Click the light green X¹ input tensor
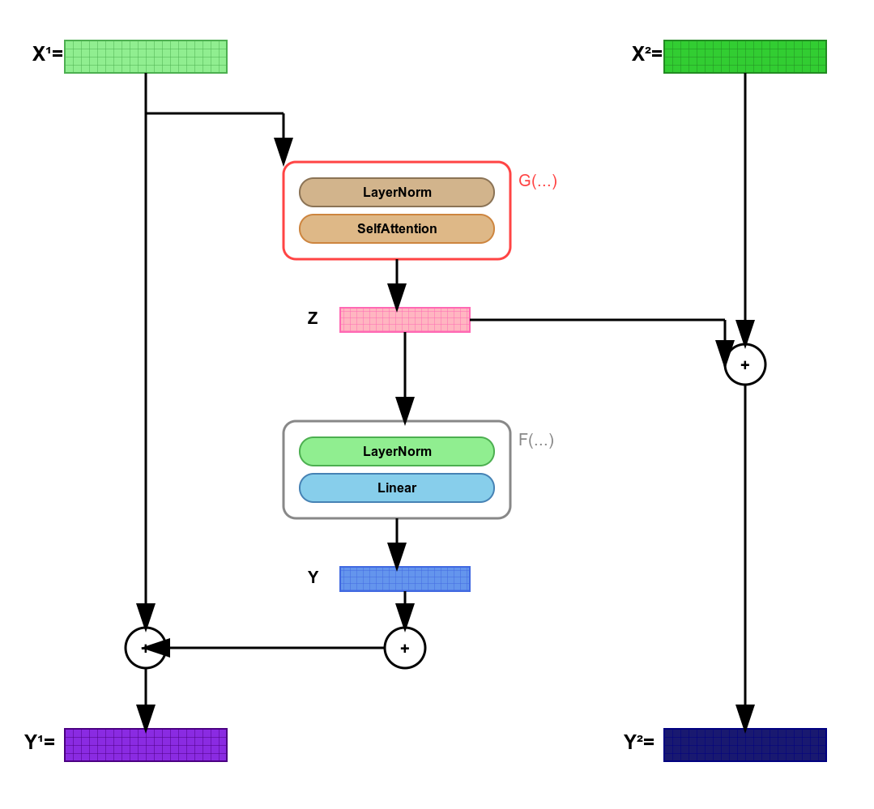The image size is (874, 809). [x=146, y=57]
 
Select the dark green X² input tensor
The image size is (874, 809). [x=745, y=57]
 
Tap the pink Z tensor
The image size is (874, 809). [x=405, y=320]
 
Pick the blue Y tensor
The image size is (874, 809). [x=405, y=579]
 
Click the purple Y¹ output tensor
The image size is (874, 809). [x=146, y=745]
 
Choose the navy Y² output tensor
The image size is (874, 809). [x=745, y=745]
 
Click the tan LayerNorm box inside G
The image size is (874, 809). [x=397, y=193]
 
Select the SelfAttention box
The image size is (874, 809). [x=397, y=229]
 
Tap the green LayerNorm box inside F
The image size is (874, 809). [x=397, y=452]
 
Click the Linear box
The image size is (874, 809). [x=397, y=488]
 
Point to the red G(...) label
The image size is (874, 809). [x=538, y=181]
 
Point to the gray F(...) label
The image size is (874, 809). [x=536, y=441]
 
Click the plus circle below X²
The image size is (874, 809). [x=745, y=364]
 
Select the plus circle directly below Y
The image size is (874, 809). [x=405, y=648]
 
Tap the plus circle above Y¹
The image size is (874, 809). [x=146, y=648]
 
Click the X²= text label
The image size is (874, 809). [x=646, y=54]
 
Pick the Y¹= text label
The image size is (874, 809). [x=40, y=742]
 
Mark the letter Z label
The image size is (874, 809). [x=313, y=318]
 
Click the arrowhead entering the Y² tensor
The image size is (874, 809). [x=745, y=717]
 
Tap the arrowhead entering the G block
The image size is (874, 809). [x=284, y=151]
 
